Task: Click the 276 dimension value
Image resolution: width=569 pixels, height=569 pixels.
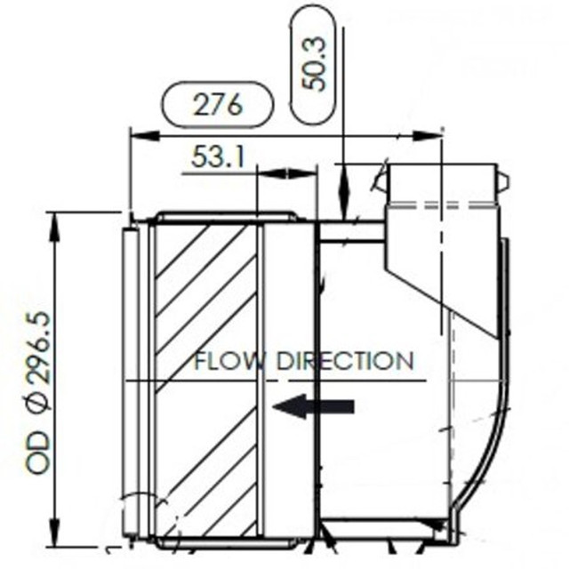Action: coord(217,105)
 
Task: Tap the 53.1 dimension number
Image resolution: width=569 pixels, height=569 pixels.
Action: coord(218,158)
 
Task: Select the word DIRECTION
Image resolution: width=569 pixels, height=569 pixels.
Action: coord(346,362)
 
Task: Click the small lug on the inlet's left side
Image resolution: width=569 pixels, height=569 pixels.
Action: coord(381,183)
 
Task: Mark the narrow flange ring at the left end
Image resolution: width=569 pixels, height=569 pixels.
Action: coord(132,382)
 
